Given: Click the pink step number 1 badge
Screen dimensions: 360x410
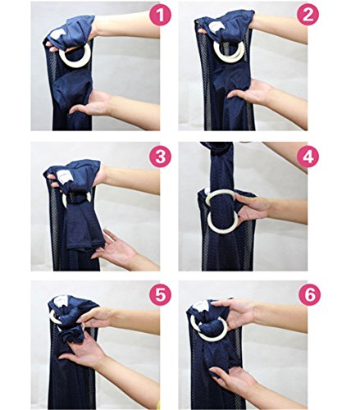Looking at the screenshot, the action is (x=160, y=16).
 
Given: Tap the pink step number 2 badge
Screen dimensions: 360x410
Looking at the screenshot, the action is (x=308, y=15).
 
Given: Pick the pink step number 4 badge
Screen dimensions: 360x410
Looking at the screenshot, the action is (x=308, y=157).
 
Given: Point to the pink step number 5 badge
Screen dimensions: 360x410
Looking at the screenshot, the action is (x=160, y=295).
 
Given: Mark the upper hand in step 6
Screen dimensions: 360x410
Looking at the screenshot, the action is (x=232, y=312).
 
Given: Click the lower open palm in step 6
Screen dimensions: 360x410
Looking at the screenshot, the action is (x=232, y=379).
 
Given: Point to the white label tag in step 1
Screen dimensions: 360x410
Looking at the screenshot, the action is (x=57, y=34).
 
